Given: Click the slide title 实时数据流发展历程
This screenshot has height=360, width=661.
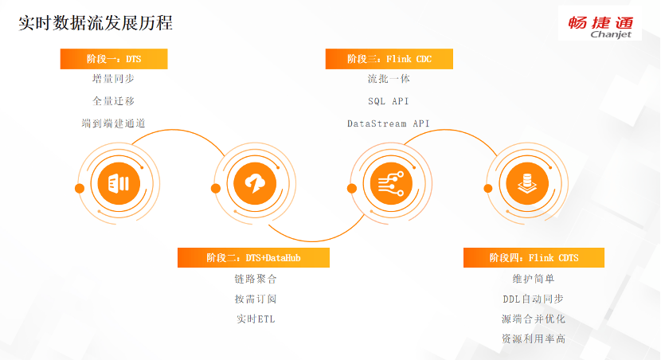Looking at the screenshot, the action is coord(96,23).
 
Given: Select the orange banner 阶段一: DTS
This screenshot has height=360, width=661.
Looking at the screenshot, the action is coord(114,59).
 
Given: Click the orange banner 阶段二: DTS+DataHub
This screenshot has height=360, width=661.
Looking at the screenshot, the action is coord(253,257).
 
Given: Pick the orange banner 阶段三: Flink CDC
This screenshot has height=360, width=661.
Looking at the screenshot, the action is coord(389,59).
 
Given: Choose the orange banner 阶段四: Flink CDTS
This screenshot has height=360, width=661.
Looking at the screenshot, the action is coord(534,257).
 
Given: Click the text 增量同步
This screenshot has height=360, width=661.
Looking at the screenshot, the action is coord(113,80).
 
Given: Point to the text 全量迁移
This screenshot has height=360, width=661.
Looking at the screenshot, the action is coord(113,101).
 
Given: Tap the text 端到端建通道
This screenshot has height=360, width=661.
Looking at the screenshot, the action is coord(113,123).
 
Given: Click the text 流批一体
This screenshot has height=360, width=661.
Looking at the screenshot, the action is coord(389,80).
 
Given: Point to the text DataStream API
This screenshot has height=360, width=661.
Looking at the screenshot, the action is coord(389,123).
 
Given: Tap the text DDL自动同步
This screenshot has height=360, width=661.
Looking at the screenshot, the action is coord(534,299).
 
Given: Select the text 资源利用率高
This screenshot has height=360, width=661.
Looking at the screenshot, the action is coord(534,339).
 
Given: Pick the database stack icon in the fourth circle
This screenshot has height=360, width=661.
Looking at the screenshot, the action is coord(526,185).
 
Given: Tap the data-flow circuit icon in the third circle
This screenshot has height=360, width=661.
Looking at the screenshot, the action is coord(389,185).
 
